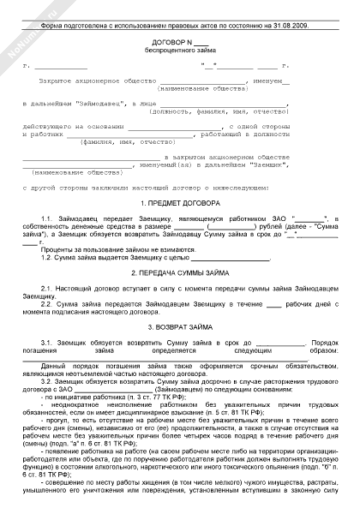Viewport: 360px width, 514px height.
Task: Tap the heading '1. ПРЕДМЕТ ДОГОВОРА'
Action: tap(180, 205)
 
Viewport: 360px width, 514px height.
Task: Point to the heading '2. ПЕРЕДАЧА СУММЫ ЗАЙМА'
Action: tap(180, 272)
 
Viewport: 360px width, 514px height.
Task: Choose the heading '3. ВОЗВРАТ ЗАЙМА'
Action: tap(180, 327)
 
